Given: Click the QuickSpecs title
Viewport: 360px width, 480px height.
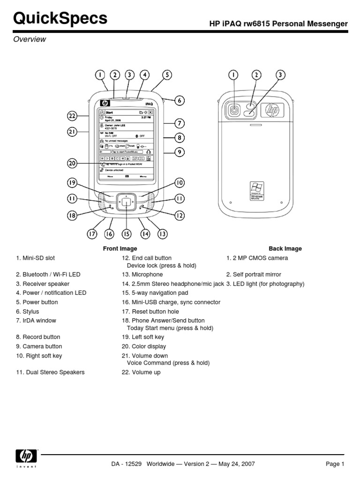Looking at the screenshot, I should pyautogui.click(x=60, y=18).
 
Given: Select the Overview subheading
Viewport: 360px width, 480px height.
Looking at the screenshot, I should pyautogui.click(x=30, y=39).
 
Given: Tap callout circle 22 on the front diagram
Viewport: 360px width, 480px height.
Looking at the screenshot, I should pyautogui.click(x=72, y=115).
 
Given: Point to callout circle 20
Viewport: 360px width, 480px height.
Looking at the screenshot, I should pyautogui.click(x=72, y=163).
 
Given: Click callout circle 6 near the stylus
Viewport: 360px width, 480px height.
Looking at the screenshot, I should pyautogui.click(x=180, y=100).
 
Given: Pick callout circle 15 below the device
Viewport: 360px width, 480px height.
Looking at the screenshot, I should pyautogui.click(x=126, y=233).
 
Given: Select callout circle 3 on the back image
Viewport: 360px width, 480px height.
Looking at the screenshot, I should pyautogui.click(x=280, y=75).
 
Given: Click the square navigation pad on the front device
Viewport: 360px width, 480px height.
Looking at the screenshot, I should pyautogui.click(x=127, y=202).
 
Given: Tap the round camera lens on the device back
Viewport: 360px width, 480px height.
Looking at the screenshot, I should pyautogui.click(x=233, y=111).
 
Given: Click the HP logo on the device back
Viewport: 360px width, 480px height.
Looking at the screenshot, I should pyautogui.click(x=272, y=111).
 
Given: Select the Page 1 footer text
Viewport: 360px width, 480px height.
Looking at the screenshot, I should pyautogui.click(x=335, y=464).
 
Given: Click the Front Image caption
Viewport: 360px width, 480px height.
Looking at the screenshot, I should pyautogui.click(x=120, y=249).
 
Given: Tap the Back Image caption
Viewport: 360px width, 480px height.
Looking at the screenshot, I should pyautogui.click(x=285, y=249).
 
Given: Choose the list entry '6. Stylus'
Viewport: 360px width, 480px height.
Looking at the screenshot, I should pyautogui.click(x=28, y=312).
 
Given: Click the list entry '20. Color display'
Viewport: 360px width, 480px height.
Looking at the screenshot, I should pyautogui.click(x=144, y=346).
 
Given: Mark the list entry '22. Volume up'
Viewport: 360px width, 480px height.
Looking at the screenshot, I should pyautogui.click(x=141, y=372).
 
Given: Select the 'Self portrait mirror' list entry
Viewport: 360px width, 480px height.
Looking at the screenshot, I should pyautogui.click(x=254, y=275).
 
